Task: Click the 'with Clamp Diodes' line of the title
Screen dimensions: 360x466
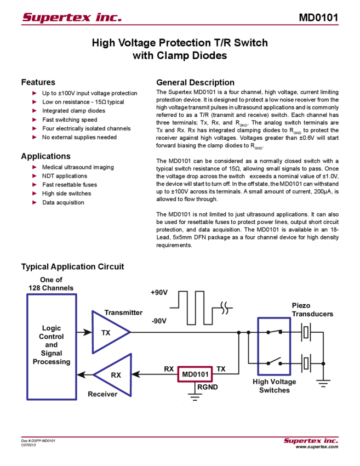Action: pyautogui.click(x=180, y=55)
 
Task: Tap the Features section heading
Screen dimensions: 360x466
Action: pyautogui.click(x=40, y=82)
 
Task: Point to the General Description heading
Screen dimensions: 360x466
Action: pyautogui.click(x=195, y=82)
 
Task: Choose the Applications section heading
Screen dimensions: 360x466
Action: pyautogui.click(x=46, y=156)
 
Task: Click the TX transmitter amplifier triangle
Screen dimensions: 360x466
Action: pyautogui.click(x=110, y=332)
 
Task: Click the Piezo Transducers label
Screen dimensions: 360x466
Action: pyautogui.click(x=313, y=310)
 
